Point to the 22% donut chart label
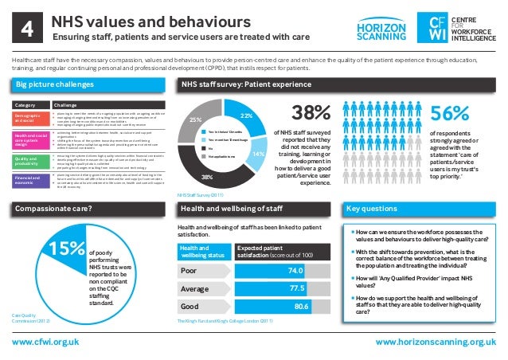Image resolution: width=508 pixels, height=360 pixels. coord(247,116)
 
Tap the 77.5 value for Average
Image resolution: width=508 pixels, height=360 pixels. coord(299,288)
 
